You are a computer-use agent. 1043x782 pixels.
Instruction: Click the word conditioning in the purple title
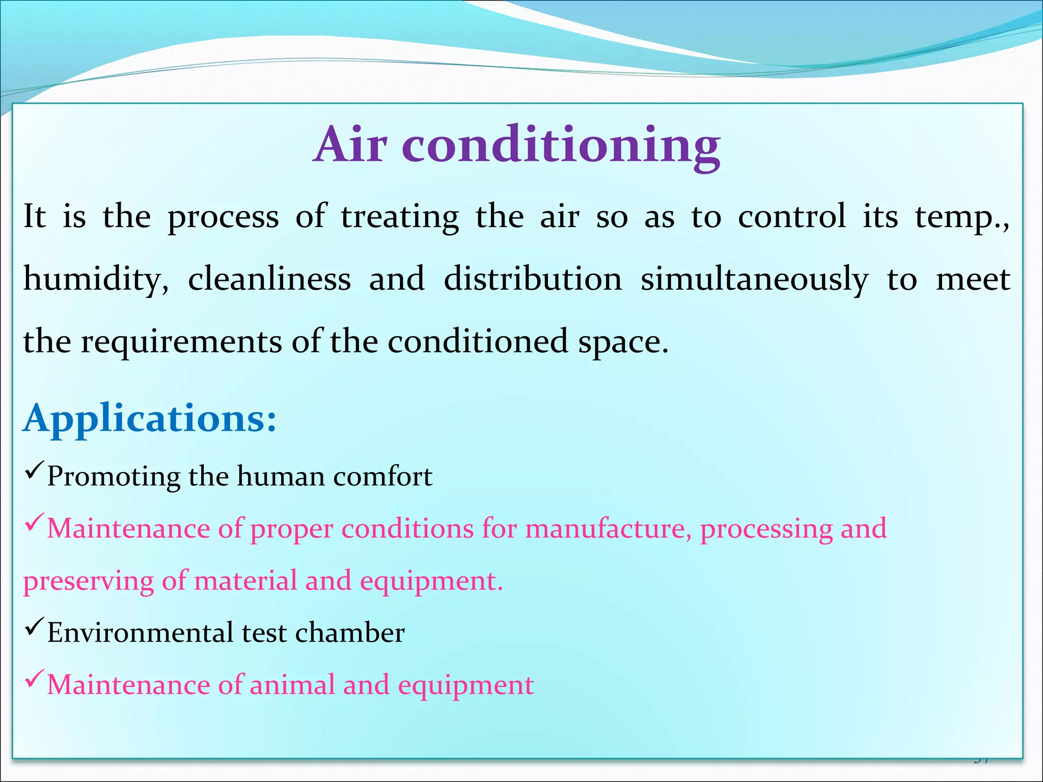point(561,148)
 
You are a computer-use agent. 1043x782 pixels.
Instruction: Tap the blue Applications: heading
point(150,418)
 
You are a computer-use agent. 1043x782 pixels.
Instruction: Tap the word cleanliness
point(269,280)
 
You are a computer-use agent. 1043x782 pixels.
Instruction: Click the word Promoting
point(114,478)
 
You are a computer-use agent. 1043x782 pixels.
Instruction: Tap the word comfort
point(382,477)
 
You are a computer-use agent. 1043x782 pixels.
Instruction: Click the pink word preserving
point(88,582)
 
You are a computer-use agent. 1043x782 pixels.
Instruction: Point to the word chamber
point(350,633)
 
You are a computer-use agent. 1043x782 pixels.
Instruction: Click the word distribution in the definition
point(533,280)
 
